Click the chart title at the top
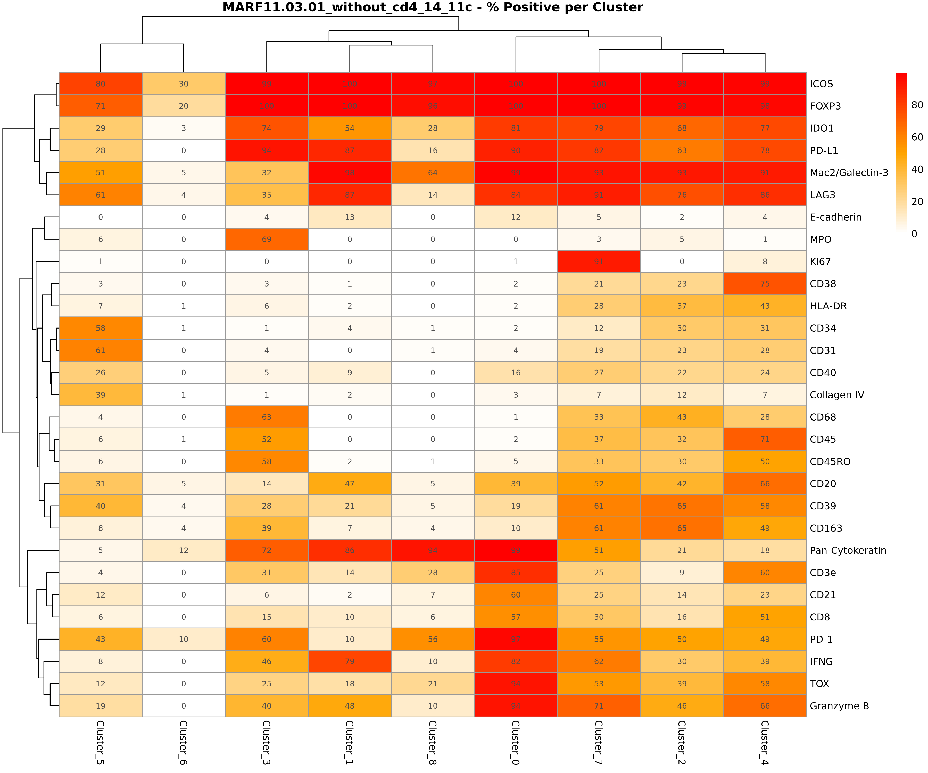coord(433,7)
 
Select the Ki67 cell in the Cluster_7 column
coord(599,262)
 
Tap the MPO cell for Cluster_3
coord(267,239)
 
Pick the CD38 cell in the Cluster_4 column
coord(765,284)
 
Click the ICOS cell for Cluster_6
coord(183,84)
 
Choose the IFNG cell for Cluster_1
coord(350,661)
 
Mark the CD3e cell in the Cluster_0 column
coord(516,573)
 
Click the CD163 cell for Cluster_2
coord(682,528)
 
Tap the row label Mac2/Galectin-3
coord(848,173)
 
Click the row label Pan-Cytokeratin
coord(848,550)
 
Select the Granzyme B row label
coord(839,706)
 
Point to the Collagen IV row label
coord(836,395)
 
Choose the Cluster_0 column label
coord(516,742)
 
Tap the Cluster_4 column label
coord(765,742)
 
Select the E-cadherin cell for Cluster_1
coord(350,217)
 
